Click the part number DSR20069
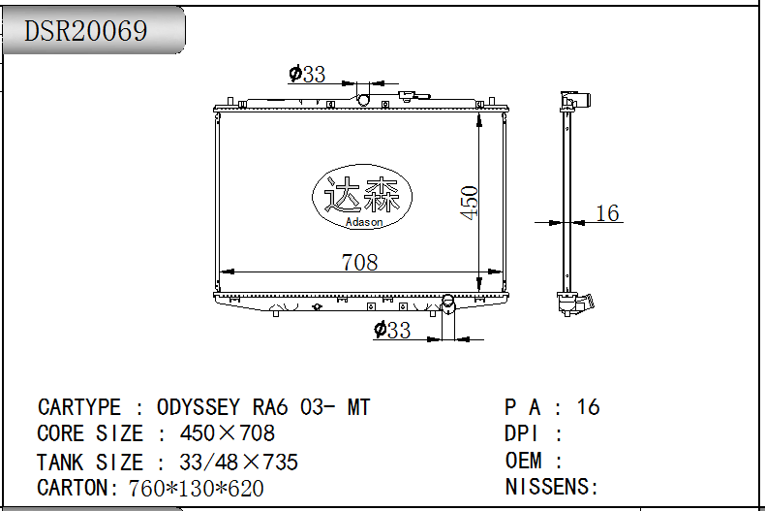[85, 30]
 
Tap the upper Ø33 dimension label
[307, 74]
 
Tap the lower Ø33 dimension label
[392, 330]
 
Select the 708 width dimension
[359, 263]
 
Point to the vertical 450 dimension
[469, 203]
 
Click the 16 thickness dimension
[607, 213]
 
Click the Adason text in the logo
[364, 222]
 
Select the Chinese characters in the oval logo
[362, 195]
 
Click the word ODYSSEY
[199, 407]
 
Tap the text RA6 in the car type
[270, 407]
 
